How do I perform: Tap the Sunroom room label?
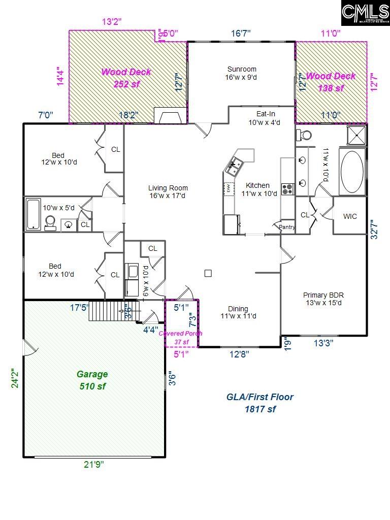point(242,73)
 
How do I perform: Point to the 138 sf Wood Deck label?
point(331,82)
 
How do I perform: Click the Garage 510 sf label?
point(92,380)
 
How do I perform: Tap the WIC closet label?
point(350,216)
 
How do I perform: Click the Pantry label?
point(287,227)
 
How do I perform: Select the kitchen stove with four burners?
point(287,189)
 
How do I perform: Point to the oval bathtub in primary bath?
point(351,172)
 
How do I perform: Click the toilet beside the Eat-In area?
point(305,135)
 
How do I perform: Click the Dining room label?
point(238,312)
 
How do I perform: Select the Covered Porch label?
point(181,337)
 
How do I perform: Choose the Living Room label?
point(168,191)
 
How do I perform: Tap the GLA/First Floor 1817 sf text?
point(260,403)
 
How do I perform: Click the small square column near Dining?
point(208,273)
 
